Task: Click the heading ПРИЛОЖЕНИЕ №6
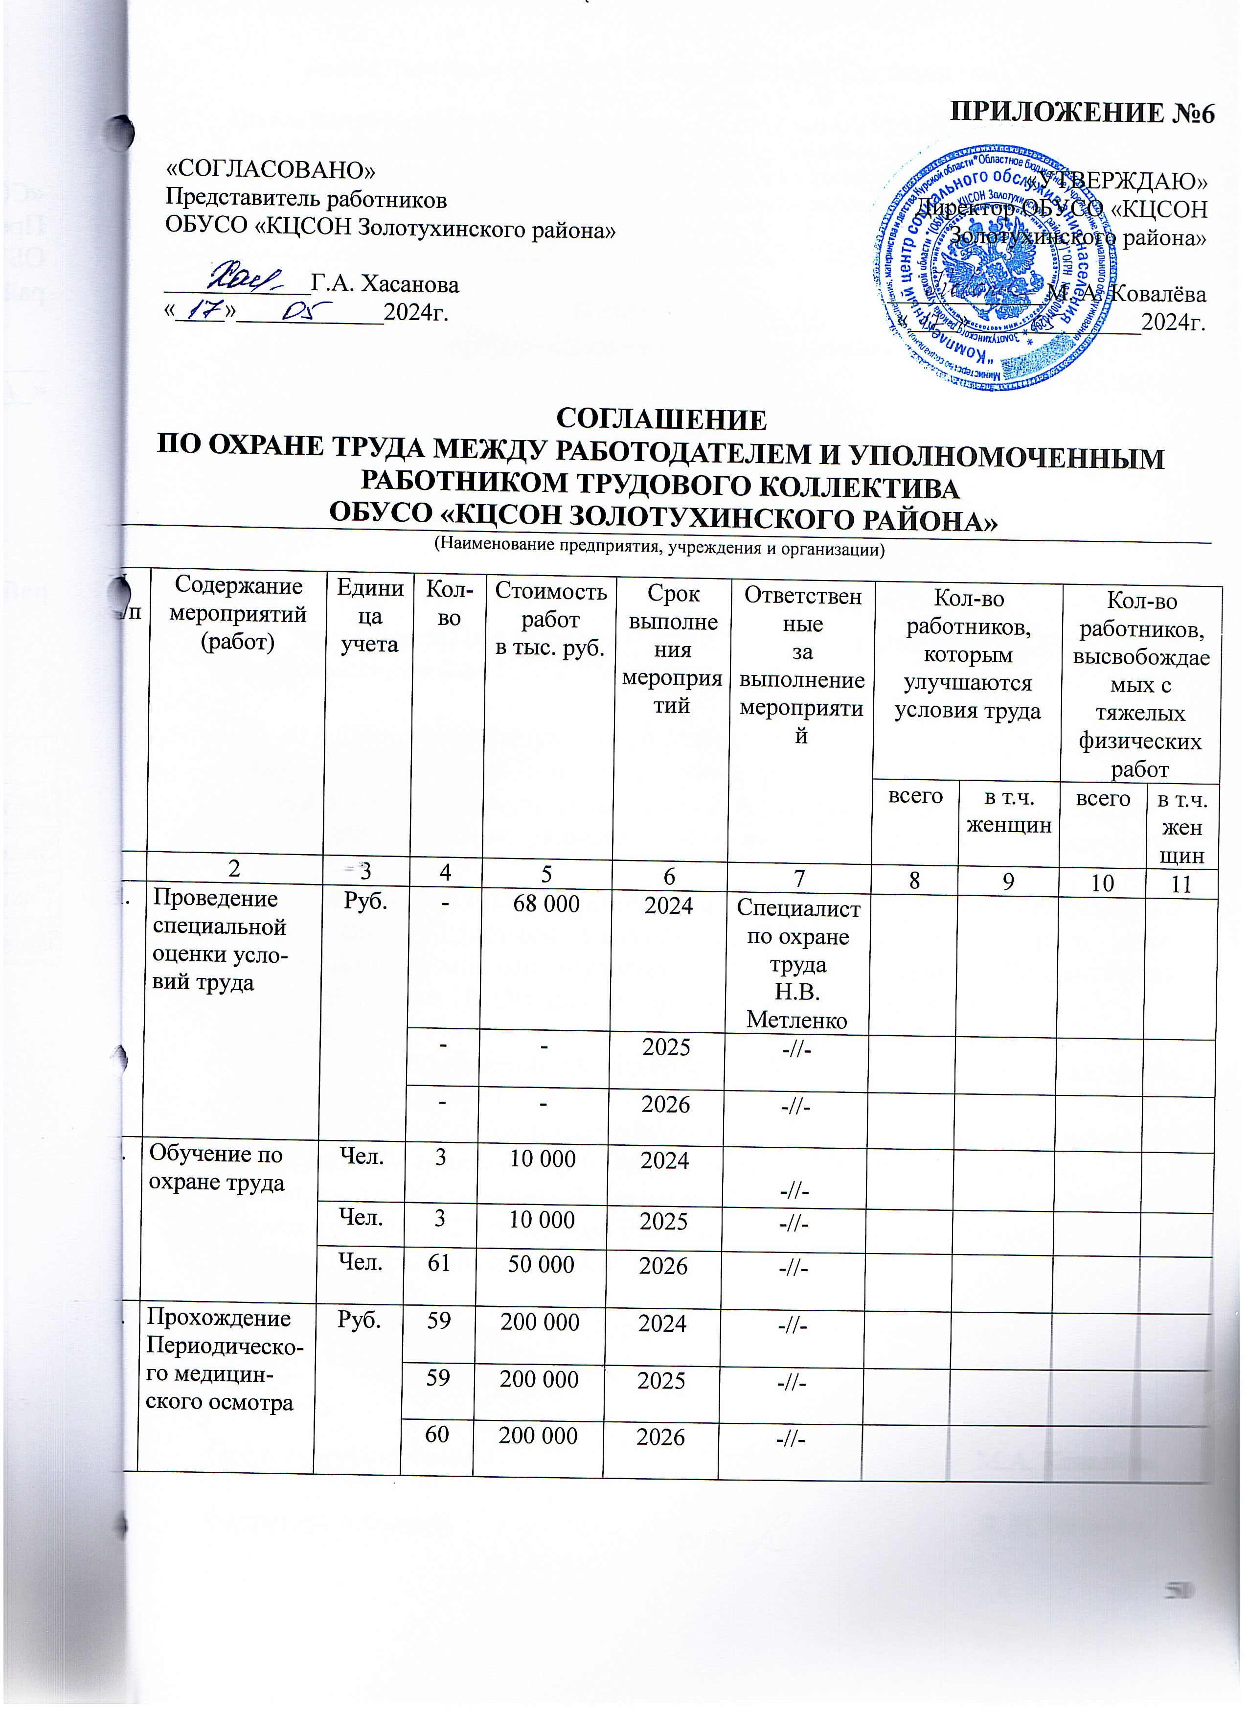pos(1082,114)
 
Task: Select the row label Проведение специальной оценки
pos(220,940)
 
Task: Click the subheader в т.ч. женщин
pos(1007,811)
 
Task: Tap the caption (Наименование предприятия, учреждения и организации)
pos(658,547)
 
